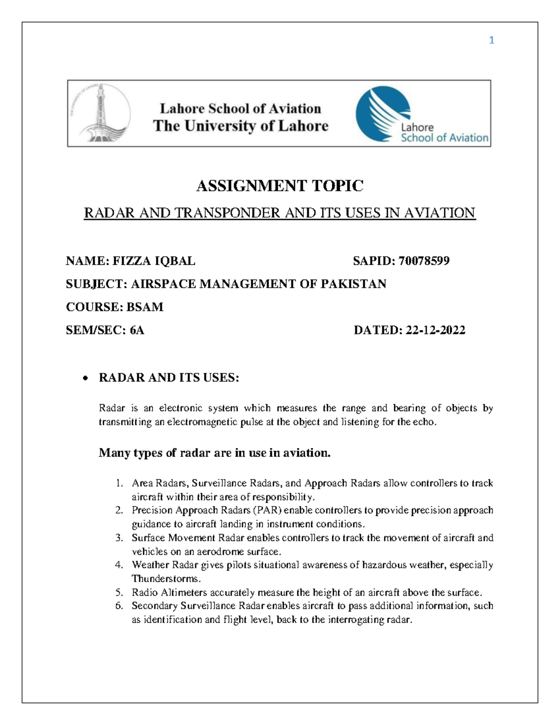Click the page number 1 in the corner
click(x=491, y=41)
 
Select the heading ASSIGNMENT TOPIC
click(x=280, y=186)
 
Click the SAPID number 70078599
click(x=424, y=261)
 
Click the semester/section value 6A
click(x=137, y=331)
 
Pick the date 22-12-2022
click(x=435, y=331)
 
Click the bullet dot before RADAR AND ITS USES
click(x=84, y=379)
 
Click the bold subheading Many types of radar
click(x=214, y=453)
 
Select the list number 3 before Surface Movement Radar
click(x=119, y=538)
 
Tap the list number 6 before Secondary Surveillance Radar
click(x=119, y=606)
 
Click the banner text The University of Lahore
click(x=241, y=126)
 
